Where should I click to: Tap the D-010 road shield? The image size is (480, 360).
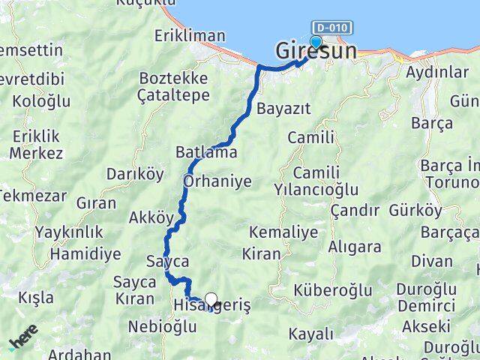(x=330, y=28)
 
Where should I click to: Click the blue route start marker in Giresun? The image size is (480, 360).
(x=316, y=42)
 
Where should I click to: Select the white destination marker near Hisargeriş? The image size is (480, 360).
(x=211, y=301)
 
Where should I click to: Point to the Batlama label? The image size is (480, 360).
(x=206, y=152)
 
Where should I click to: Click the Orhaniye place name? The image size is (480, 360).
(x=217, y=181)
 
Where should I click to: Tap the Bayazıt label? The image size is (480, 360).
(x=283, y=109)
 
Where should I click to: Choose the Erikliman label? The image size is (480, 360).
(x=190, y=35)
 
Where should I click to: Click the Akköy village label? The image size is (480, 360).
(x=151, y=218)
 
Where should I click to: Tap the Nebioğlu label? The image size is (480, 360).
(x=162, y=327)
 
